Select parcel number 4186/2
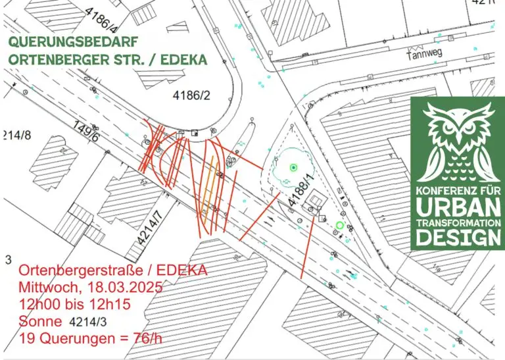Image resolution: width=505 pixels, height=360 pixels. (191, 96)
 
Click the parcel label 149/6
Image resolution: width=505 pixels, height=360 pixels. (85, 132)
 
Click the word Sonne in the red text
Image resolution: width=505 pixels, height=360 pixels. (41, 322)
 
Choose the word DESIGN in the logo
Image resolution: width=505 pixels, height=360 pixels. (459, 237)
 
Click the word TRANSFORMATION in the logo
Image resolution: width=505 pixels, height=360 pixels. (459, 224)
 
